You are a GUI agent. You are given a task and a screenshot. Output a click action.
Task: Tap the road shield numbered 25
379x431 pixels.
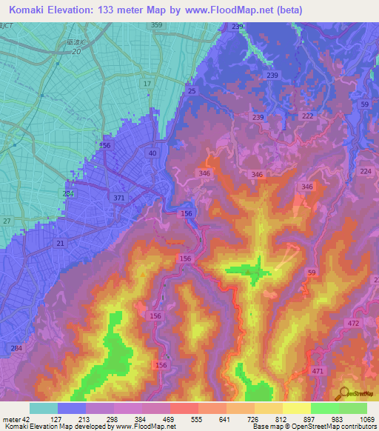(192, 91)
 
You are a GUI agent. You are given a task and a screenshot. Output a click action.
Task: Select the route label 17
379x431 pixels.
(147, 84)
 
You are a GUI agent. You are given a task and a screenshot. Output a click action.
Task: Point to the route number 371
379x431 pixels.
(119, 198)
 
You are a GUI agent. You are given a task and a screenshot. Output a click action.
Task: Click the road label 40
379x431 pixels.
(152, 153)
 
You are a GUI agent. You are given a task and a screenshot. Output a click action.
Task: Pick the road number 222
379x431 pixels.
(308, 117)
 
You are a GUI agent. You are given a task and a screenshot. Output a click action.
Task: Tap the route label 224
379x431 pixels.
(365, 171)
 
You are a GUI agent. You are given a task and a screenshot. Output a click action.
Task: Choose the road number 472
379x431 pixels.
(353, 324)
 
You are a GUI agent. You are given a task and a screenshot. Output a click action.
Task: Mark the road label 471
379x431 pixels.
(318, 370)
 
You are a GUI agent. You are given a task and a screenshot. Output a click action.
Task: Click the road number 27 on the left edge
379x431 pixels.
(7, 221)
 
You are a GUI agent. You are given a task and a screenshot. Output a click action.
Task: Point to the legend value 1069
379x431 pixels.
(367, 419)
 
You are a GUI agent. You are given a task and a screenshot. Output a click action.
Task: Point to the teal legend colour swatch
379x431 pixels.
(43, 408)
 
